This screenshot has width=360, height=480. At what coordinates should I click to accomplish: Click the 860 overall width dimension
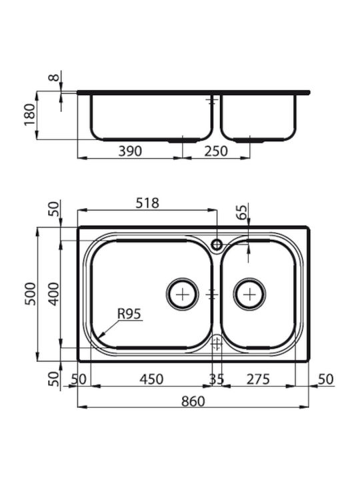point(193,401)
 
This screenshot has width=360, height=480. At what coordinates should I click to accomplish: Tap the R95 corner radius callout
point(129,314)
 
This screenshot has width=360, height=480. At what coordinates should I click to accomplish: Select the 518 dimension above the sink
point(147,203)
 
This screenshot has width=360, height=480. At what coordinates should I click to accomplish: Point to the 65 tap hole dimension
point(241,212)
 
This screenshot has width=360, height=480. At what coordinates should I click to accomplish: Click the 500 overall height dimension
point(30,294)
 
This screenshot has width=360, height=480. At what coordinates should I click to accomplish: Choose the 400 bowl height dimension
point(54,294)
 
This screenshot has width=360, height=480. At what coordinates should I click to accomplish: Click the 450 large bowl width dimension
point(151,379)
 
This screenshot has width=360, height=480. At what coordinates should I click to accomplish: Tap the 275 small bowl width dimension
point(259,379)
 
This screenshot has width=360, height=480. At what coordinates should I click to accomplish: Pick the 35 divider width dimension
point(217,379)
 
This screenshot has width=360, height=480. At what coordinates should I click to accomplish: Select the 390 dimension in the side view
point(131,151)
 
